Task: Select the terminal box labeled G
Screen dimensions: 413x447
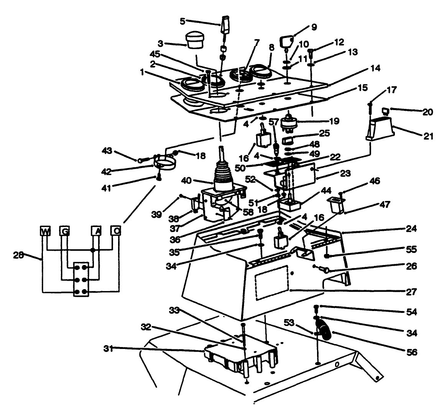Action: coord(64,231)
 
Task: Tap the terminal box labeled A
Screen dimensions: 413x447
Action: coord(96,231)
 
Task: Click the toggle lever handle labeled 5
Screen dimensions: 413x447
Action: coord(225,24)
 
